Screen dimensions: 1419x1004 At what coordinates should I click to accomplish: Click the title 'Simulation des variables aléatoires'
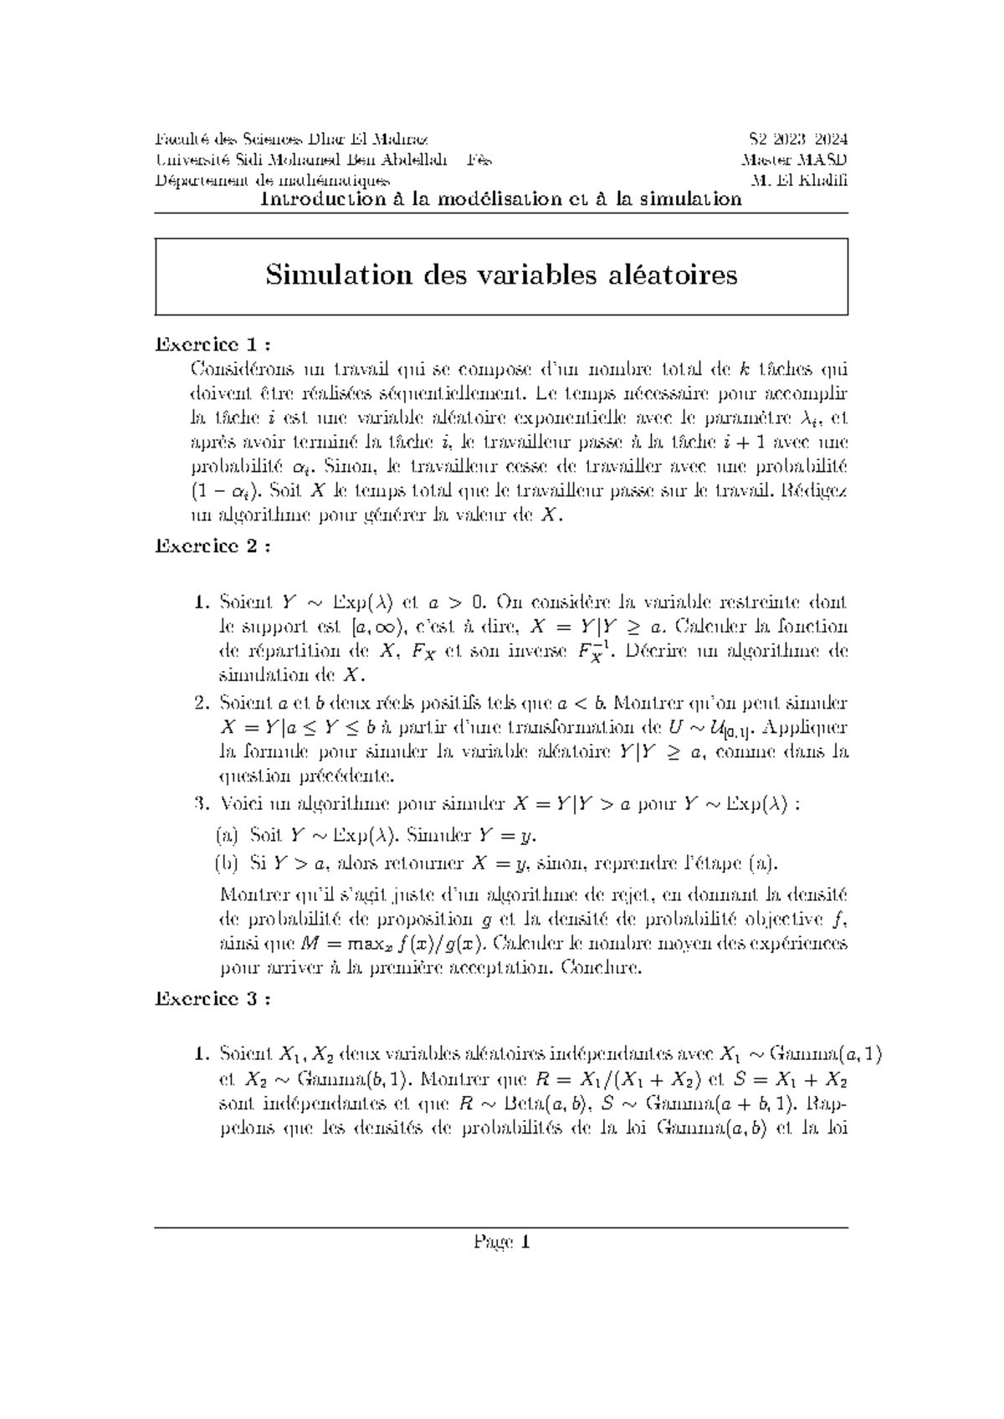pos(501,275)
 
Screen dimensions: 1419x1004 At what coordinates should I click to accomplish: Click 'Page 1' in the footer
pos(501,1242)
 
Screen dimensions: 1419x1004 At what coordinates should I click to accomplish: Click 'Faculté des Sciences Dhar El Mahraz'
pos(291,140)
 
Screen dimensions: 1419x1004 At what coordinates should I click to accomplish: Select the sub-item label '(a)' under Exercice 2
pos(226,836)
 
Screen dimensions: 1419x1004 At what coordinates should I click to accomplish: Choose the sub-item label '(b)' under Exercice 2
pos(226,863)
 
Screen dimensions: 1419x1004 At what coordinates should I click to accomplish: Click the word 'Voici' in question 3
pos(238,805)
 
